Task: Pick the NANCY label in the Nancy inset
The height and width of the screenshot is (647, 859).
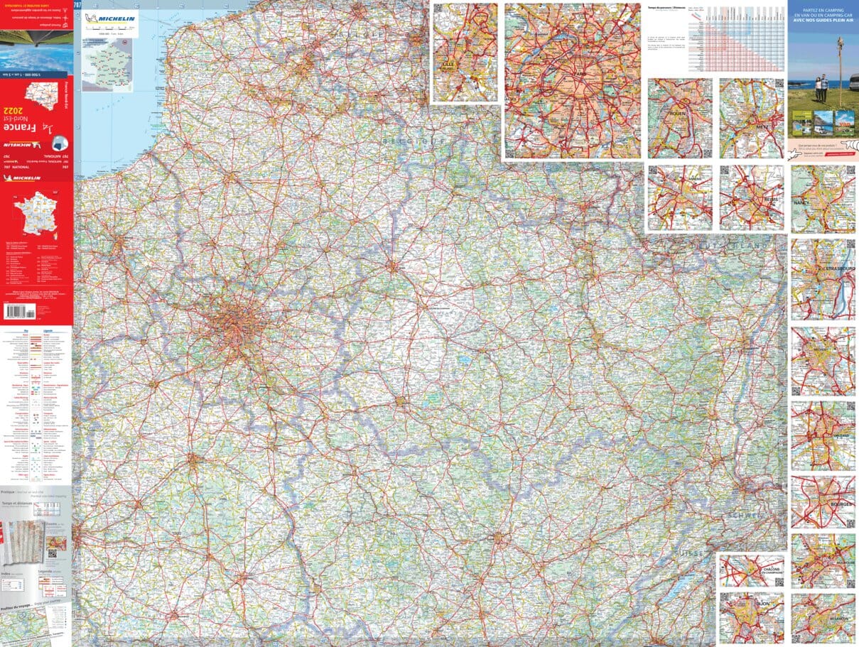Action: coord(803,202)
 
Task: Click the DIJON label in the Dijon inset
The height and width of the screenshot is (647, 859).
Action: coord(762,602)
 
